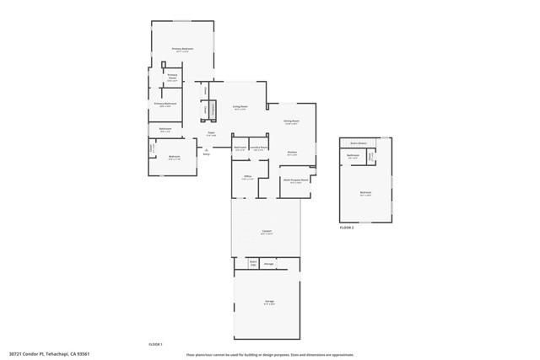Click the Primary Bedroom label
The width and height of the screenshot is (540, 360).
(183, 50)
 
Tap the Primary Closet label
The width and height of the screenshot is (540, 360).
(172, 78)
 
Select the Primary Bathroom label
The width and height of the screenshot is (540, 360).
(165, 104)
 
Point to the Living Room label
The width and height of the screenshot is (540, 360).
(240, 107)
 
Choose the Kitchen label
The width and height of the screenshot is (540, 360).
(291, 153)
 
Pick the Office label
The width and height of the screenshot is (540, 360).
(248, 178)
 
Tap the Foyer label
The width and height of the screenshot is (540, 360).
(212, 134)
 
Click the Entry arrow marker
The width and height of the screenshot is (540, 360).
(205, 153)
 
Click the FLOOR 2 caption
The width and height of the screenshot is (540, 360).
(347, 228)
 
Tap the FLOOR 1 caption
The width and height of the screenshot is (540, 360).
(155, 345)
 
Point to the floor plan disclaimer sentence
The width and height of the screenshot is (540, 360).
(270, 353)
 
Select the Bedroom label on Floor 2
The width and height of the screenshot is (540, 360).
(365, 193)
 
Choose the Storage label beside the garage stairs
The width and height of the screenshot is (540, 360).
(269, 264)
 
